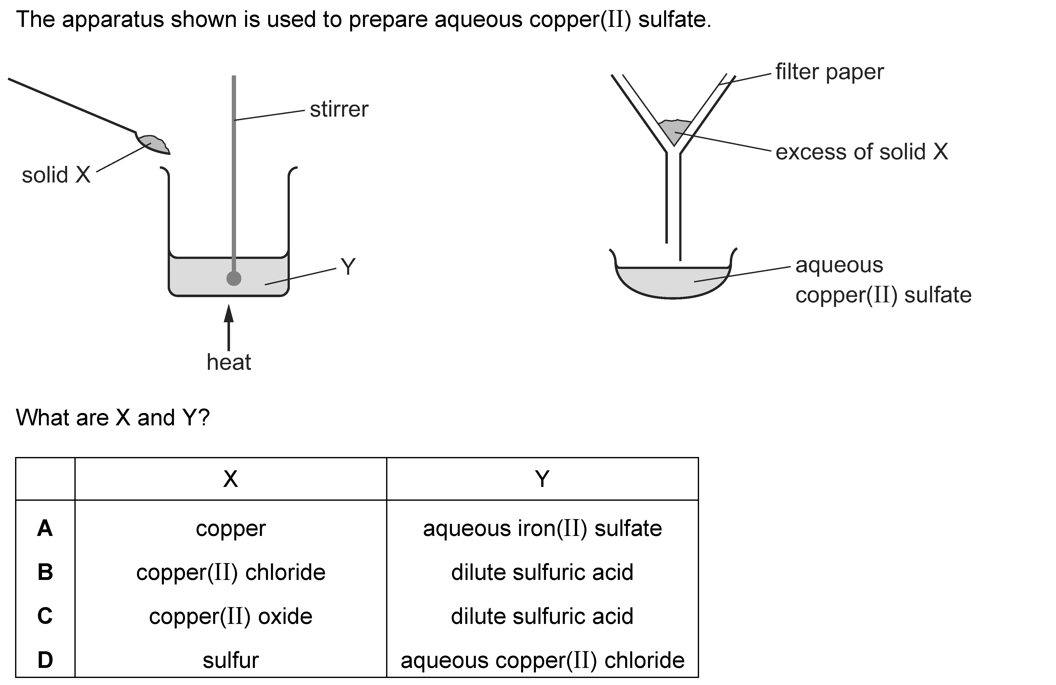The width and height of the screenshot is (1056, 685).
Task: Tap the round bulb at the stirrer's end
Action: (234, 278)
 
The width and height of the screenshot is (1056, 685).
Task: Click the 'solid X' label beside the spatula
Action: (56, 175)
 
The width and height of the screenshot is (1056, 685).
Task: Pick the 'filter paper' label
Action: (829, 72)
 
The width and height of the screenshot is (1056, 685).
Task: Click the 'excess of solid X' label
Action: (861, 152)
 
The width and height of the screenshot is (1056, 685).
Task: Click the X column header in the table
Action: (230, 479)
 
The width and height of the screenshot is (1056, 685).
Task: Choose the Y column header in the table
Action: (542, 479)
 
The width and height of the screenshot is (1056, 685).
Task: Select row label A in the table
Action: (45, 528)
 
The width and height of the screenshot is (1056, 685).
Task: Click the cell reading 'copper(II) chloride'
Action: (230, 572)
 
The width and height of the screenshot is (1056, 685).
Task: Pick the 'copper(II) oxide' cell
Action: (230, 616)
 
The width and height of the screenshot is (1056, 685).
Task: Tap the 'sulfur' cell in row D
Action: (230, 660)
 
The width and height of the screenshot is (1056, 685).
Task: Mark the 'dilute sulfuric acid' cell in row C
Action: (542, 616)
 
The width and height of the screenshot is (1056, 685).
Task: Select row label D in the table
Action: (45, 660)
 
